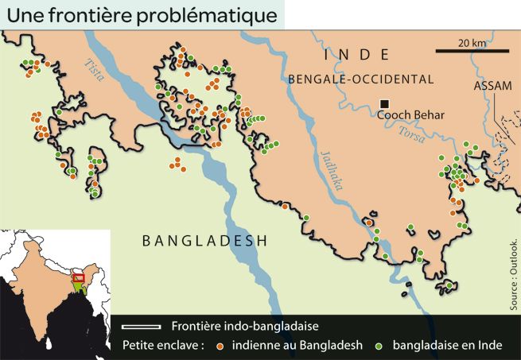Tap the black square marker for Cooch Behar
384,104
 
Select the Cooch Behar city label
410,115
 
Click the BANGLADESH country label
204,241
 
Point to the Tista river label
95,75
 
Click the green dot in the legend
380,346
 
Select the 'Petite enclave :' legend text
164,346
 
